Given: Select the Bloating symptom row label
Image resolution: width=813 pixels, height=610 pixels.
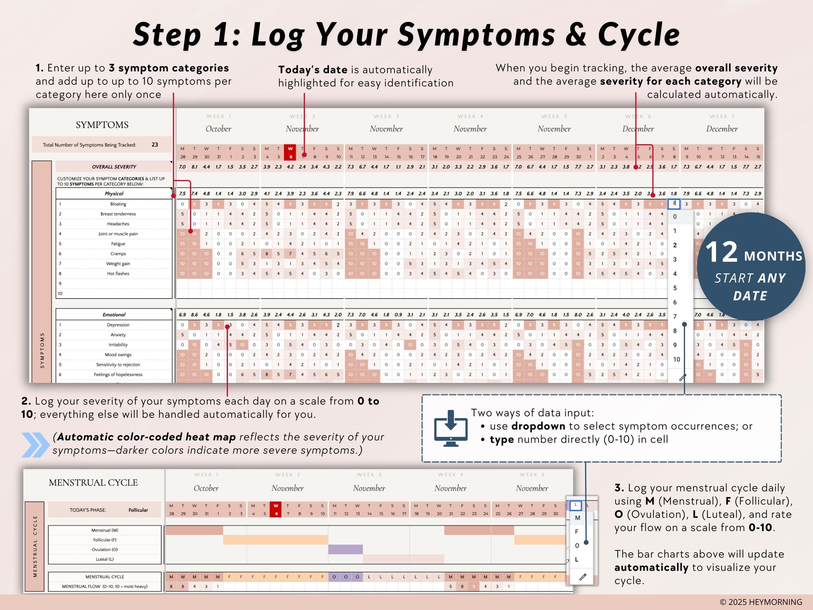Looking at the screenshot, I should click(118, 204).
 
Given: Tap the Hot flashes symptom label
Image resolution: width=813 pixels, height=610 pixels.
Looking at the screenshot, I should click(118, 274).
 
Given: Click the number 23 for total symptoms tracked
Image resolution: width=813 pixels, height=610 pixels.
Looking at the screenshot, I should click(155, 145).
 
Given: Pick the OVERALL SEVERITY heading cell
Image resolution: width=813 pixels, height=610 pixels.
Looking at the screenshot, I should click(114, 167).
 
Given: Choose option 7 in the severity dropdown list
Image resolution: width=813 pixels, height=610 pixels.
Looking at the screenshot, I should click(675, 317).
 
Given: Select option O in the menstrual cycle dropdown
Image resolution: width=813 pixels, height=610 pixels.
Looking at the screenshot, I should click(577, 546).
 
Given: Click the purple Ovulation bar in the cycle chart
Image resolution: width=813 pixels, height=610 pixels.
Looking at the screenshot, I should click(345, 549).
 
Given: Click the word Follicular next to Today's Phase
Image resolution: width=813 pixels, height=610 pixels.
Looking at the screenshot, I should click(138, 510).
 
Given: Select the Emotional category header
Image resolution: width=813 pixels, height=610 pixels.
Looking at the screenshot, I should click(114, 315).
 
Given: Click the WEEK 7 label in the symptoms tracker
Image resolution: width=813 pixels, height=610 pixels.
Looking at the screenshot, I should click(722, 117).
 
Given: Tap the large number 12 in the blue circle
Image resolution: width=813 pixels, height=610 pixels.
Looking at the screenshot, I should click(721, 252).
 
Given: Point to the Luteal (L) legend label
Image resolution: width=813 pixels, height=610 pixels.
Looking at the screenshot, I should click(105, 559).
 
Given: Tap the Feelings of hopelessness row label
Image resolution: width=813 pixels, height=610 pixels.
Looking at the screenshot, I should click(118, 375).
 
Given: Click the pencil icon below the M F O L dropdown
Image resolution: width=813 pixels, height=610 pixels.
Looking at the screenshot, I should click(583, 577).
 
